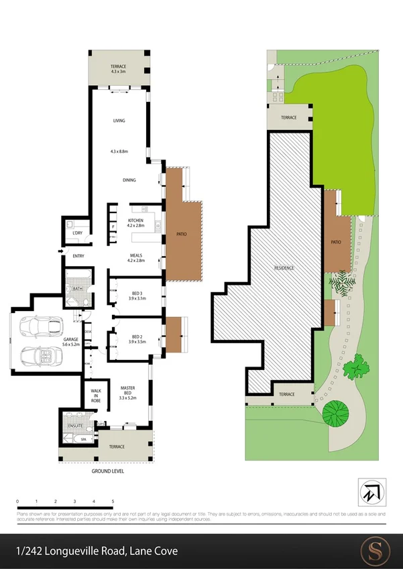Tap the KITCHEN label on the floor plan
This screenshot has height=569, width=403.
[135, 220]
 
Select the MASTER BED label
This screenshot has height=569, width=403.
[127, 388]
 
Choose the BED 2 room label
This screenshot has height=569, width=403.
[136, 336]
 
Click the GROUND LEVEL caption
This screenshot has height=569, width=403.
[108, 471]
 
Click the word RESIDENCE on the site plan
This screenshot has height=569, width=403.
[284, 267]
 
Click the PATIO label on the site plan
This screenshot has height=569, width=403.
[336, 243]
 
